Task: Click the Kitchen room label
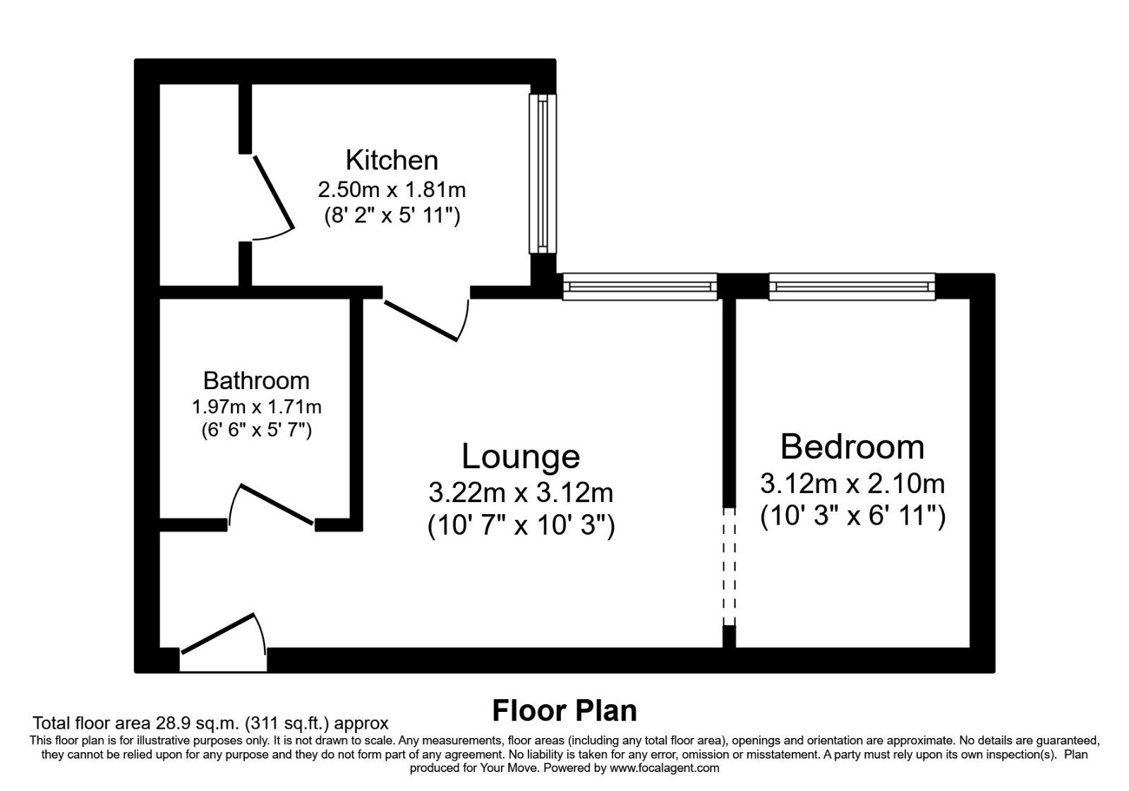pyautogui.click(x=392, y=160)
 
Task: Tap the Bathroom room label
pyautogui.click(x=256, y=381)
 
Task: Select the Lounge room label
pyautogui.click(x=521, y=456)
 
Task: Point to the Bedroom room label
pyautogui.click(x=852, y=447)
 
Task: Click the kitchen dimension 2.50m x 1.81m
pyautogui.click(x=392, y=190)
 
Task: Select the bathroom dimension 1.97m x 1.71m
pyautogui.click(x=256, y=407)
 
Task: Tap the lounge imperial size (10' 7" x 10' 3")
pyautogui.click(x=521, y=525)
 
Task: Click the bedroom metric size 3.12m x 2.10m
pyautogui.click(x=852, y=484)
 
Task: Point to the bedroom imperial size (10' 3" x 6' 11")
pyautogui.click(x=852, y=516)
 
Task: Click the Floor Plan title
pyautogui.click(x=564, y=710)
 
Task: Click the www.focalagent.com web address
pyautogui.click(x=664, y=768)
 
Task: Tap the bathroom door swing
pyautogui.click(x=272, y=504)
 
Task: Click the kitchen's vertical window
pyautogui.click(x=543, y=174)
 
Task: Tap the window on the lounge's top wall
pyautogui.click(x=639, y=287)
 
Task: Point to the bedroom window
pyautogui.click(x=852, y=287)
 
